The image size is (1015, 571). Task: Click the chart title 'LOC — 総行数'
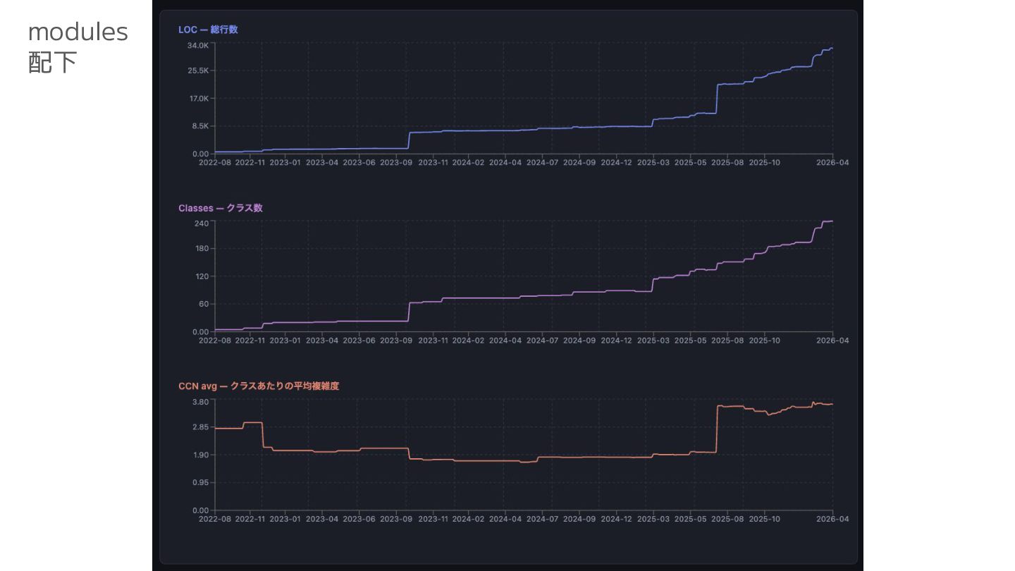(208, 30)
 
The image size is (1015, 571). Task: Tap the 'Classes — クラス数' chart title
(220, 208)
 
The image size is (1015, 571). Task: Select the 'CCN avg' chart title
(259, 386)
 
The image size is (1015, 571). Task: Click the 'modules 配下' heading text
(78, 47)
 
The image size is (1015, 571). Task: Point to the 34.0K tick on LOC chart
(198, 45)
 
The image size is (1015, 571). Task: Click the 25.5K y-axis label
(198, 70)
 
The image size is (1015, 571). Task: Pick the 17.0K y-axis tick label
(198, 98)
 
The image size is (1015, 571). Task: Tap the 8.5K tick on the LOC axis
(200, 126)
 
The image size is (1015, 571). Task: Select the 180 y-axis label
(202, 248)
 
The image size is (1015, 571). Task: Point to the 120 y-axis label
(202, 276)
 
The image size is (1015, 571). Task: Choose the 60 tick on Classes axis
(204, 304)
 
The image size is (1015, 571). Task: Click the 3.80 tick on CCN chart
(201, 402)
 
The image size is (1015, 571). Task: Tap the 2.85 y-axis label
(201, 427)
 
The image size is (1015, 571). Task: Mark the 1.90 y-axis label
(201, 455)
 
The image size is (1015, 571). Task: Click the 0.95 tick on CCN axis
(201, 483)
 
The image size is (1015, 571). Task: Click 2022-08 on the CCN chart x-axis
(214, 519)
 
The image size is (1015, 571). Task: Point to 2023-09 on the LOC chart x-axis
(395, 162)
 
